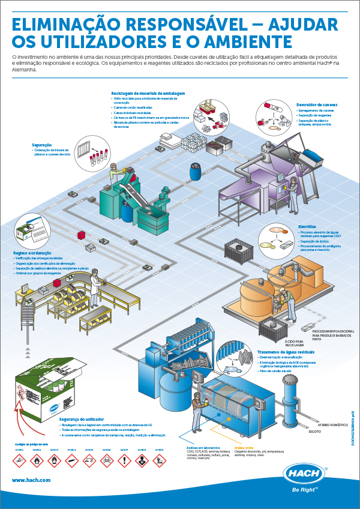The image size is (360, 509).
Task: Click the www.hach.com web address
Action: click(31, 480)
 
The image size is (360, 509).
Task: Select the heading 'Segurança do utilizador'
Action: click(81, 419)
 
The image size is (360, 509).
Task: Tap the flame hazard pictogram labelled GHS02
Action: click(37, 460)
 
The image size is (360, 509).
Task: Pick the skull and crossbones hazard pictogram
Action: click(107, 460)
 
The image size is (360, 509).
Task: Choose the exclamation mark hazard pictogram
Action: click(125, 460)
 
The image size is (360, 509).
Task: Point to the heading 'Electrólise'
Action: click(307, 226)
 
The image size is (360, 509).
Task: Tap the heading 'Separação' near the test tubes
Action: click(41, 145)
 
